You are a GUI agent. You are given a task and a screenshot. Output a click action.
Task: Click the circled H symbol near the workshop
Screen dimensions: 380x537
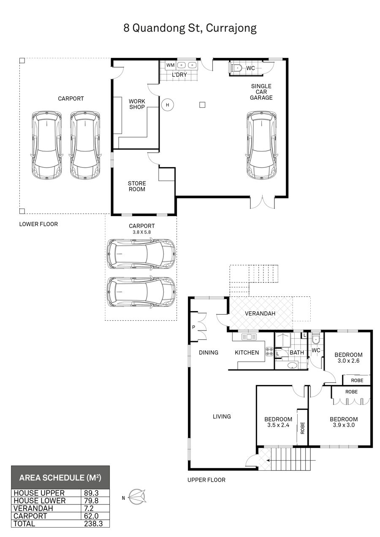[x=167, y=105]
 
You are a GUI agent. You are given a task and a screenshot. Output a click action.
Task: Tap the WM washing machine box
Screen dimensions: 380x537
[x=171, y=65]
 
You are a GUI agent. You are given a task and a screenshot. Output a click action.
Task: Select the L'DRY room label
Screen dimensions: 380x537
[x=179, y=75]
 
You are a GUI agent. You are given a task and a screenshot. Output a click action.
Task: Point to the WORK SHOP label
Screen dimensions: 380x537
[x=137, y=104]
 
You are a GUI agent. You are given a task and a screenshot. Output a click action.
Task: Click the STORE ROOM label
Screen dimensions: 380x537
[x=137, y=186]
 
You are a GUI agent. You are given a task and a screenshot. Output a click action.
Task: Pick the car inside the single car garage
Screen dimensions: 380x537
[x=261, y=145]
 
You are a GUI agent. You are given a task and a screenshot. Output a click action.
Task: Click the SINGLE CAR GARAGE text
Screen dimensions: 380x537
[x=261, y=92]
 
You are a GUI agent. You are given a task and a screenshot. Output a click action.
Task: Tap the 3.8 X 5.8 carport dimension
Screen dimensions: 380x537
[x=142, y=232]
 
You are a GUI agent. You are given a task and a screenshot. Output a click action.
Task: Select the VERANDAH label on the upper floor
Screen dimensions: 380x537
[x=260, y=313]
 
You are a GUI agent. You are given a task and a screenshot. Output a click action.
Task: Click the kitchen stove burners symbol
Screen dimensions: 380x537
[x=269, y=351]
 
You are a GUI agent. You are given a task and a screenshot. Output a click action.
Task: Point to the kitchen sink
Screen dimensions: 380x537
[x=249, y=336]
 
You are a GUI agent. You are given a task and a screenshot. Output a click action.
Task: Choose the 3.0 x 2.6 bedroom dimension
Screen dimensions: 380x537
[x=349, y=361]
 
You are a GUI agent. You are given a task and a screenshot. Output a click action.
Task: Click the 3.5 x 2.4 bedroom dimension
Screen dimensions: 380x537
[x=278, y=425]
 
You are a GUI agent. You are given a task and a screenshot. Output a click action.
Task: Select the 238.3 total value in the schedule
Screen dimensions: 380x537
[x=93, y=523]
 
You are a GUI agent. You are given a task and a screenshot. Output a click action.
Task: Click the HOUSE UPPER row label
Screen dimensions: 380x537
[x=39, y=493]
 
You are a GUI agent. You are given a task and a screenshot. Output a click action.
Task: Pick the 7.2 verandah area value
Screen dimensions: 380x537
[x=89, y=508]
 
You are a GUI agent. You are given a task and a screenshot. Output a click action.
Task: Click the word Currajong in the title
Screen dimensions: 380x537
[x=231, y=28]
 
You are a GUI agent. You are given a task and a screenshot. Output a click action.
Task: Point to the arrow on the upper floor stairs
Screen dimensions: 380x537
[x=291, y=460]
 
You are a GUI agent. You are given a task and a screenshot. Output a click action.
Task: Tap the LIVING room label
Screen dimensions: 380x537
[x=222, y=416]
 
